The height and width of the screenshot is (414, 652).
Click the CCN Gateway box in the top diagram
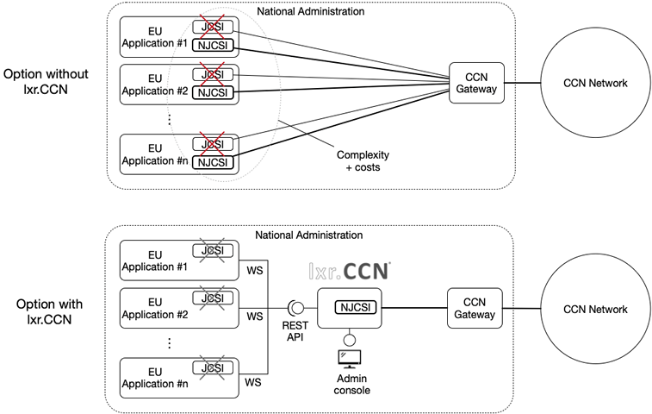pyautogui.click(x=476, y=83)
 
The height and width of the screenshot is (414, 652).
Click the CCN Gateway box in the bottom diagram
pyautogui.click(x=475, y=308)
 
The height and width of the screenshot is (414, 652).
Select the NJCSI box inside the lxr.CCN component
pyautogui.click(x=356, y=307)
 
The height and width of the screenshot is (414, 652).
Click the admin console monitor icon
pyautogui.click(x=350, y=359)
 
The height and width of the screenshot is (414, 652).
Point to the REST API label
pyautogui.click(x=295, y=331)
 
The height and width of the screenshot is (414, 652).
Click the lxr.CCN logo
pyautogui.click(x=350, y=271)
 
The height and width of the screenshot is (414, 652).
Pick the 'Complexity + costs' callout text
pyautogui.click(x=363, y=160)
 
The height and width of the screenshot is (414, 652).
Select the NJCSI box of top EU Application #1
pyautogui.click(x=213, y=46)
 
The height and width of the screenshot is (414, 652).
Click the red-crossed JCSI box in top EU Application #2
pyautogui.click(x=213, y=74)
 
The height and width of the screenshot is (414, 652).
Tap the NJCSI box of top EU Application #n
pyautogui.click(x=213, y=162)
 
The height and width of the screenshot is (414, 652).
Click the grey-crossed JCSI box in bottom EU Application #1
pyautogui.click(x=213, y=251)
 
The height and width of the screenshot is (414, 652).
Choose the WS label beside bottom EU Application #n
pyautogui.click(x=253, y=382)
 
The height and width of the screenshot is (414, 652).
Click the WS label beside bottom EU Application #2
pyautogui.click(x=254, y=317)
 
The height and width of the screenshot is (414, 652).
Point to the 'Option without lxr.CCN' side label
pyautogui.click(x=46, y=81)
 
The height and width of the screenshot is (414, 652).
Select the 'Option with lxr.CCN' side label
pyautogui.click(x=49, y=311)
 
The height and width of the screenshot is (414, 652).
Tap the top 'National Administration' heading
pyautogui.click(x=311, y=11)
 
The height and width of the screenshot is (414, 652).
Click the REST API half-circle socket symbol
pyautogui.click(x=295, y=308)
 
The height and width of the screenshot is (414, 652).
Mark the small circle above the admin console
pyautogui.click(x=350, y=341)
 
